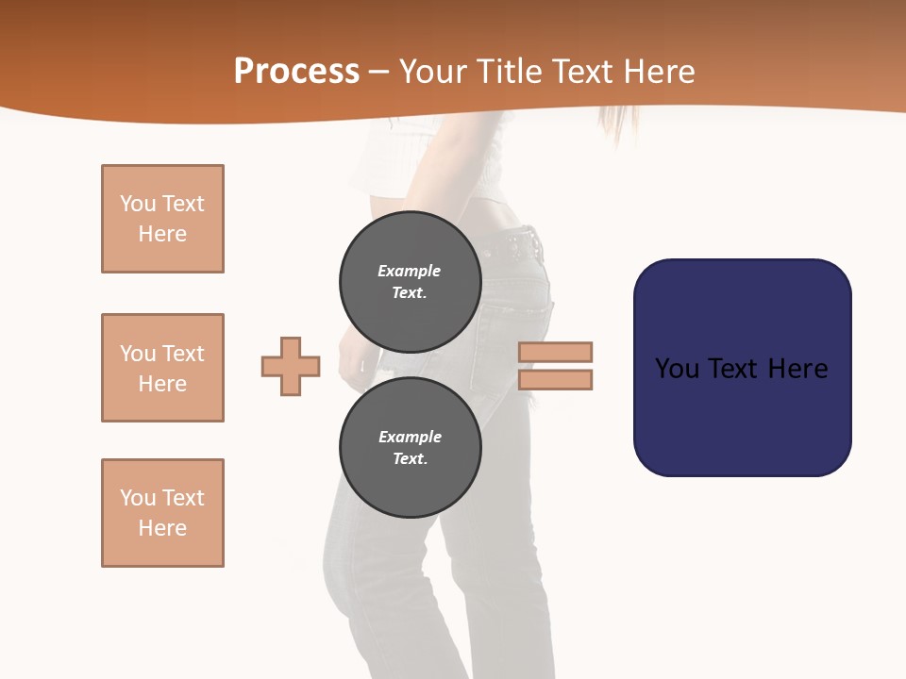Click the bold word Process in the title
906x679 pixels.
click(x=296, y=72)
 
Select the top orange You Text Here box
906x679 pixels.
click(x=162, y=219)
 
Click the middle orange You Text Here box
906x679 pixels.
click(x=162, y=368)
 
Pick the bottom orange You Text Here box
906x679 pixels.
click(x=162, y=513)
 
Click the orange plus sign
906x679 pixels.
click(x=291, y=366)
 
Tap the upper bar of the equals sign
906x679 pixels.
click(x=555, y=352)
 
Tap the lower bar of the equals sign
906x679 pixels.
click(x=555, y=379)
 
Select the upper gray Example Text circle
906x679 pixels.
click(x=411, y=281)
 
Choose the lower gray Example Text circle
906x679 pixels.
click(x=411, y=447)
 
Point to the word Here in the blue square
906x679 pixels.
click(x=796, y=368)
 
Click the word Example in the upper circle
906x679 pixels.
click(x=409, y=271)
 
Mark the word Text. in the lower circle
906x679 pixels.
click(x=410, y=458)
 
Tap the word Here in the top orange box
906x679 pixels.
click(x=162, y=234)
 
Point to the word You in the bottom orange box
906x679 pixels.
click(x=138, y=498)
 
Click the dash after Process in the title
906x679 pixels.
click(x=379, y=72)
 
